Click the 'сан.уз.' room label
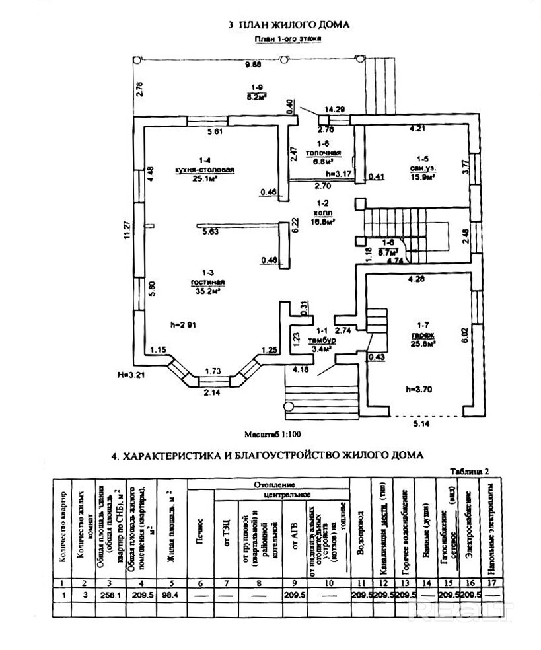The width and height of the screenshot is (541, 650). point(423,168)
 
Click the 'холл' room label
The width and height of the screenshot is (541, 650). point(324,213)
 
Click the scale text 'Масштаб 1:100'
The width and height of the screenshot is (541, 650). point(272,434)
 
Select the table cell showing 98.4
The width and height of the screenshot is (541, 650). point(170,594)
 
